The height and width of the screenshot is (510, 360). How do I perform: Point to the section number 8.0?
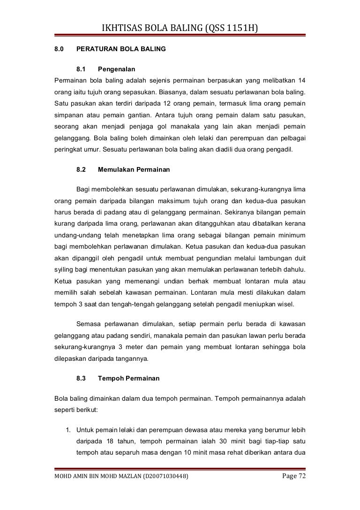59,48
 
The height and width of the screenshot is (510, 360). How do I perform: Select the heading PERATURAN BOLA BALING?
120,48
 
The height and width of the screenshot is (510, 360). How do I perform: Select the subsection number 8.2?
82,168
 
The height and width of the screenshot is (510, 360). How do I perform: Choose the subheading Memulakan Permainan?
134,168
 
